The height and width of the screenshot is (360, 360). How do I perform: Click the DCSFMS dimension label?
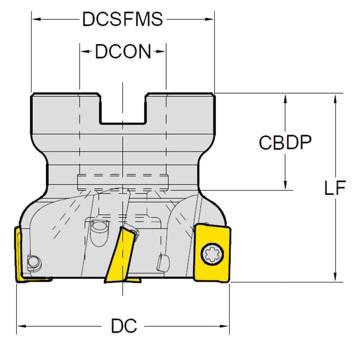122,20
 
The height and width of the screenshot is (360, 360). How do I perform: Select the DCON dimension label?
122,52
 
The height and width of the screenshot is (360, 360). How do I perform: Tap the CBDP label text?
285,143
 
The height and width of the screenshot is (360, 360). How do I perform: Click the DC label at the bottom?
125,326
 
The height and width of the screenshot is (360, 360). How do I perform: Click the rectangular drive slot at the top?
122,109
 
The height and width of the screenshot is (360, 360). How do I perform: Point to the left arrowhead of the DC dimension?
20,326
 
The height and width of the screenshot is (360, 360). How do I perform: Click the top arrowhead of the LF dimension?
335,97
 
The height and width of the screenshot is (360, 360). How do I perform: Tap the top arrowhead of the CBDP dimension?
285,98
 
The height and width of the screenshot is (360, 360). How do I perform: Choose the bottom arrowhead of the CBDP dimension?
285,185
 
